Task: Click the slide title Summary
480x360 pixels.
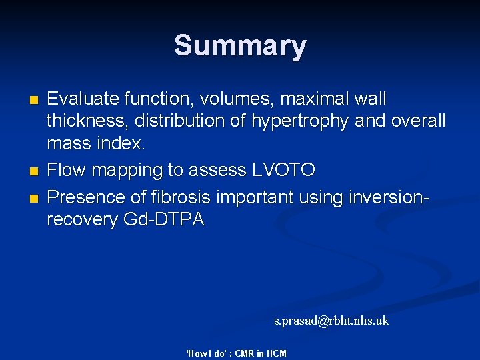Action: click(240, 46)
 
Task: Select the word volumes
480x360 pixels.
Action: click(236, 99)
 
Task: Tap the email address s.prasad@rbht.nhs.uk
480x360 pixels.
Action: click(331, 321)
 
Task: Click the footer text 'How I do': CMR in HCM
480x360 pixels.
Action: click(235, 353)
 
